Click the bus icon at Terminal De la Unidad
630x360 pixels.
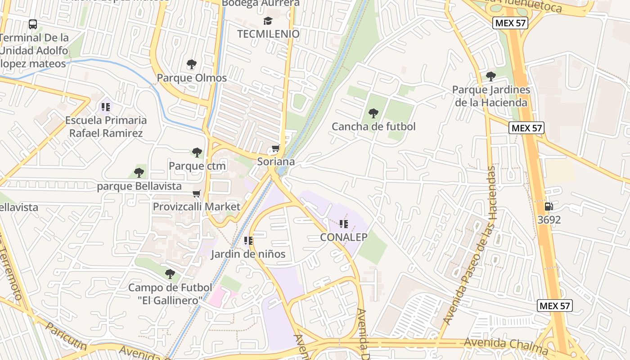(33, 24)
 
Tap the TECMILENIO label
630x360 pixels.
(268, 34)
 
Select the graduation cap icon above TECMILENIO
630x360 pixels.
(268, 21)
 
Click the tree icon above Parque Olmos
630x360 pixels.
(192, 64)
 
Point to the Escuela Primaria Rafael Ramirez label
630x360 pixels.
(106, 127)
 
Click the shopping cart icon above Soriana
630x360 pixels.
(276, 148)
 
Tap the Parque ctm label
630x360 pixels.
(197, 166)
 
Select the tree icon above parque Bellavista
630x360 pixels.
(139, 172)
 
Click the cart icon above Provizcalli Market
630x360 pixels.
(197, 194)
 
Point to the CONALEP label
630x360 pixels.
(344, 237)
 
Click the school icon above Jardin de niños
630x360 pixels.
(248, 241)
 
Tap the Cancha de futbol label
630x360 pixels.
(373, 127)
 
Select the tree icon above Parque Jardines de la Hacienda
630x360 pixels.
(491, 76)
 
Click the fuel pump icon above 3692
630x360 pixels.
(549, 207)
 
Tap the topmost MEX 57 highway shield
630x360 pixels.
(510, 23)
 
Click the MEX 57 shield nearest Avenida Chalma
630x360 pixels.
(555, 306)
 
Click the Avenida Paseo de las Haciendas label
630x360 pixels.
(471, 245)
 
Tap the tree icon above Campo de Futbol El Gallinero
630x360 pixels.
(170, 274)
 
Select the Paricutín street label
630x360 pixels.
(66, 337)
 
